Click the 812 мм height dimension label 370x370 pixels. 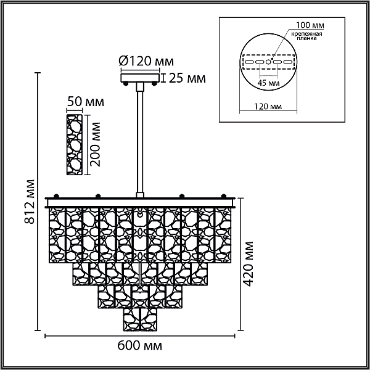[30, 202]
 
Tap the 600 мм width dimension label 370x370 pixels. [140, 346]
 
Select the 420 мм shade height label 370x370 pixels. [248, 263]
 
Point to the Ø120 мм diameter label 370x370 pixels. [146, 61]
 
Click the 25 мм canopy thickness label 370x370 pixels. [187, 78]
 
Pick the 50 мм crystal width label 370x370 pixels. [86, 102]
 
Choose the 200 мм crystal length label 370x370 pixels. [96, 144]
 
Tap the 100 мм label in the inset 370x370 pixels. [310, 25]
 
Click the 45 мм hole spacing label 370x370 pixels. [268, 83]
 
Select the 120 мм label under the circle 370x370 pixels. [268, 107]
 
